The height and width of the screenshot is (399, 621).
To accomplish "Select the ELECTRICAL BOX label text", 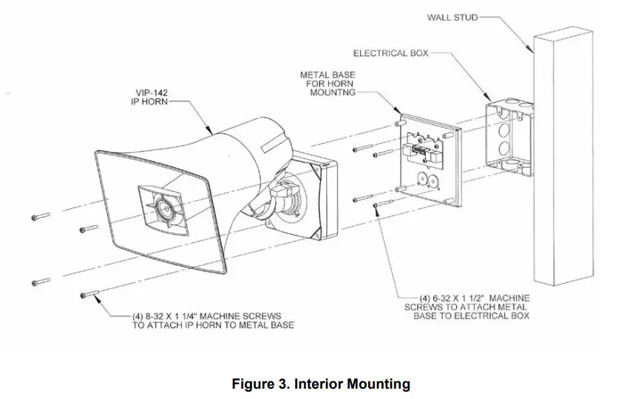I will point(390,54).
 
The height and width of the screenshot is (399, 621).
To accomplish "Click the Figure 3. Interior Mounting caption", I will point(321,383).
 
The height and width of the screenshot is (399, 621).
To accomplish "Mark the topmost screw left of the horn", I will point(41,217).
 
